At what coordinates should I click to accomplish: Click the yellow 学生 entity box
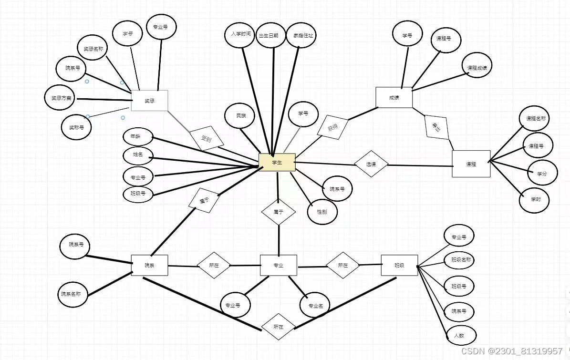pyautogui.click(x=277, y=162)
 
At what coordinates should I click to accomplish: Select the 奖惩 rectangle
pyautogui.click(x=149, y=101)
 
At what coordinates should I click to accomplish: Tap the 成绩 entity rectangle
pyautogui.click(x=394, y=97)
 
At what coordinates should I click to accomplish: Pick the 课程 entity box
pyautogui.click(x=471, y=164)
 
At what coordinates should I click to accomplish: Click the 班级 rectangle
pyautogui.click(x=399, y=265)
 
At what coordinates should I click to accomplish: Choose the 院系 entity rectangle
pyautogui.click(x=149, y=265)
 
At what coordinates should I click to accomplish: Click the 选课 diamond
pyautogui.click(x=371, y=164)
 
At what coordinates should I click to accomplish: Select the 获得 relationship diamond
pyautogui.click(x=332, y=128)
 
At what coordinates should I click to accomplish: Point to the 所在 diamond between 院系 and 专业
pyautogui.click(x=214, y=265)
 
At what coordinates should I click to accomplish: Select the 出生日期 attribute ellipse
pyautogui.click(x=271, y=35)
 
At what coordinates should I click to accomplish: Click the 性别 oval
pyautogui.click(x=322, y=211)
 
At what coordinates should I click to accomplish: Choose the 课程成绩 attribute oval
pyautogui.click(x=477, y=68)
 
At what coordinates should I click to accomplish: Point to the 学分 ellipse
pyautogui.click(x=542, y=174)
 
